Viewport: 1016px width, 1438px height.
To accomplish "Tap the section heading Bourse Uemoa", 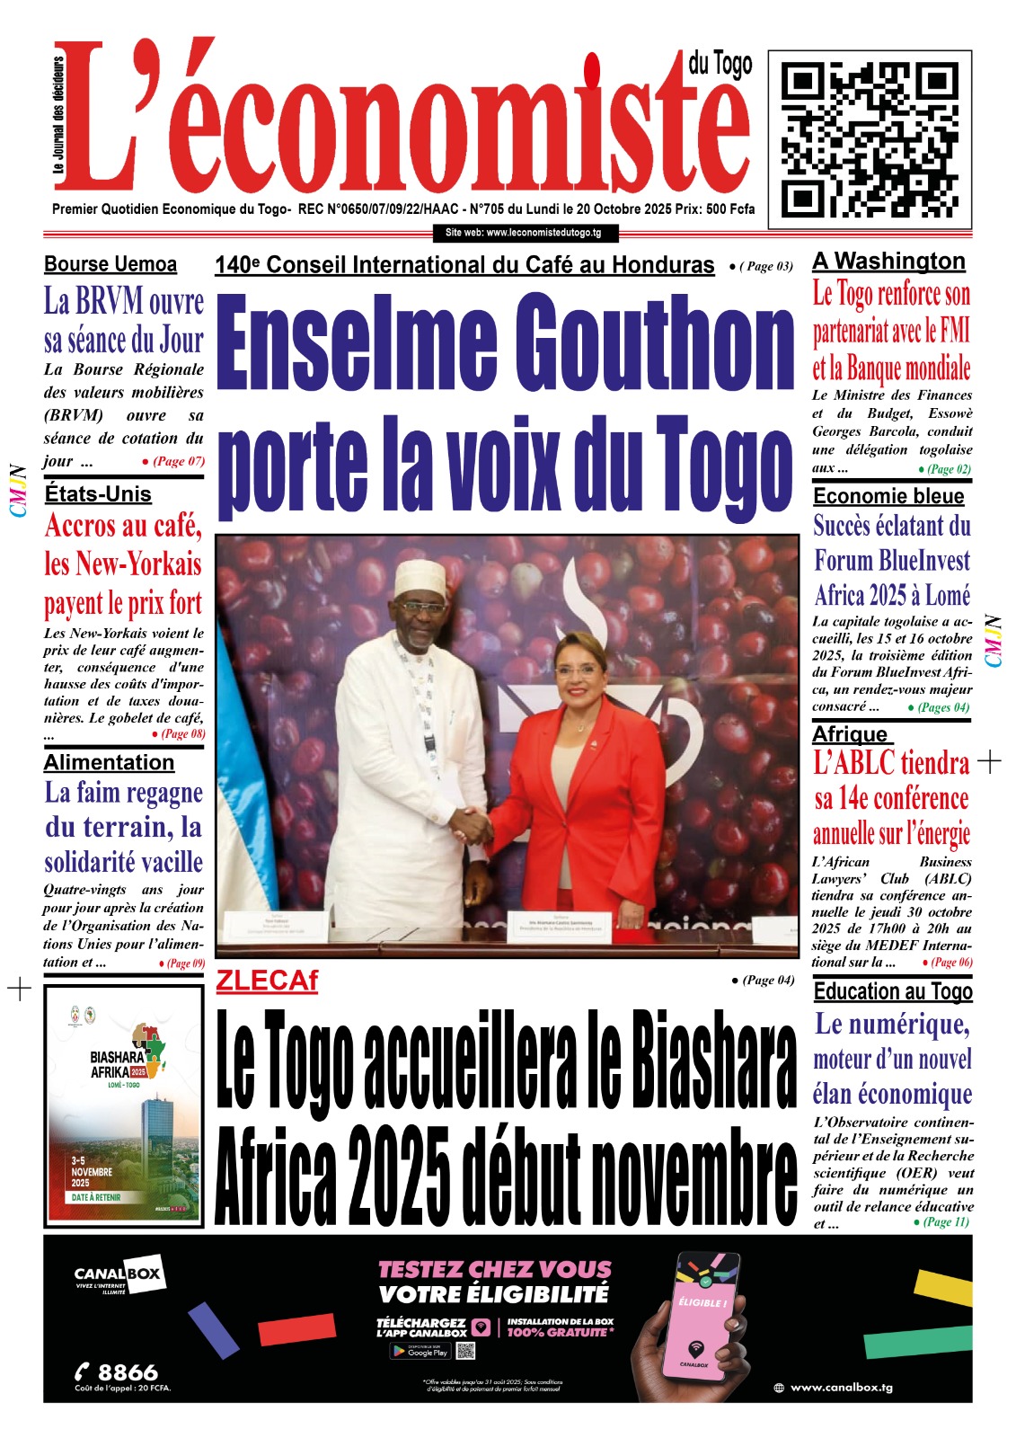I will click(110, 264).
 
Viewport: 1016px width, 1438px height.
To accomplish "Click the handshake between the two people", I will click(470, 823).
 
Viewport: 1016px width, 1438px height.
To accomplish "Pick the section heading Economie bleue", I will click(888, 496).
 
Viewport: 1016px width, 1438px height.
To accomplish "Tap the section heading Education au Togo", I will click(893, 991).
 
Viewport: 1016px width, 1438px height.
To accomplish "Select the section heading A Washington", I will click(888, 262).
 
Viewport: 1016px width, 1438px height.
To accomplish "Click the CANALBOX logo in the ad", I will click(117, 1274).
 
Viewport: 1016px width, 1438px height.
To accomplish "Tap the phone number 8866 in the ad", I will click(127, 1371).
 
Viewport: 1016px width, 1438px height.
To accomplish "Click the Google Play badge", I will click(420, 1351).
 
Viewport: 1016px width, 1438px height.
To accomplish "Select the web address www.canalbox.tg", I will click(841, 1387).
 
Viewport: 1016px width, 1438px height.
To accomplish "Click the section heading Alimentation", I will click(109, 762).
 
